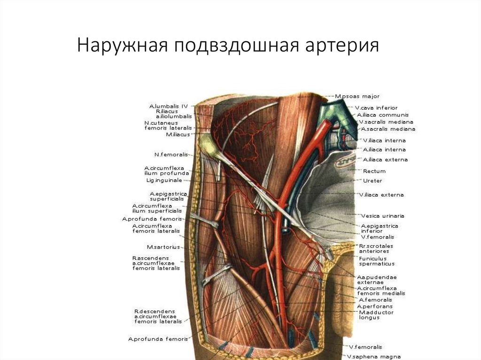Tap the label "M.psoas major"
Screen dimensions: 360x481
(x=357, y=96)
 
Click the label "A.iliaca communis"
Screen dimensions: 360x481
(x=383, y=115)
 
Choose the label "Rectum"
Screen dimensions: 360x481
(x=374, y=171)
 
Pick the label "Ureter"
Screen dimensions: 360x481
(x=372, y=181)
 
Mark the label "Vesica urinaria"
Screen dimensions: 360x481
(x=382, y=216)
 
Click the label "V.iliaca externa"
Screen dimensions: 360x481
(x=381, y=194)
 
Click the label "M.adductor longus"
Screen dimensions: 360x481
(x=376, y=315)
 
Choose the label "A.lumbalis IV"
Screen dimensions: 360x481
(x=169, y=106)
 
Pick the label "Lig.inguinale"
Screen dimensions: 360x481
(x=167, y=180)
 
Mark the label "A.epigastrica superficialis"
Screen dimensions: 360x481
(x=169, y=196)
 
